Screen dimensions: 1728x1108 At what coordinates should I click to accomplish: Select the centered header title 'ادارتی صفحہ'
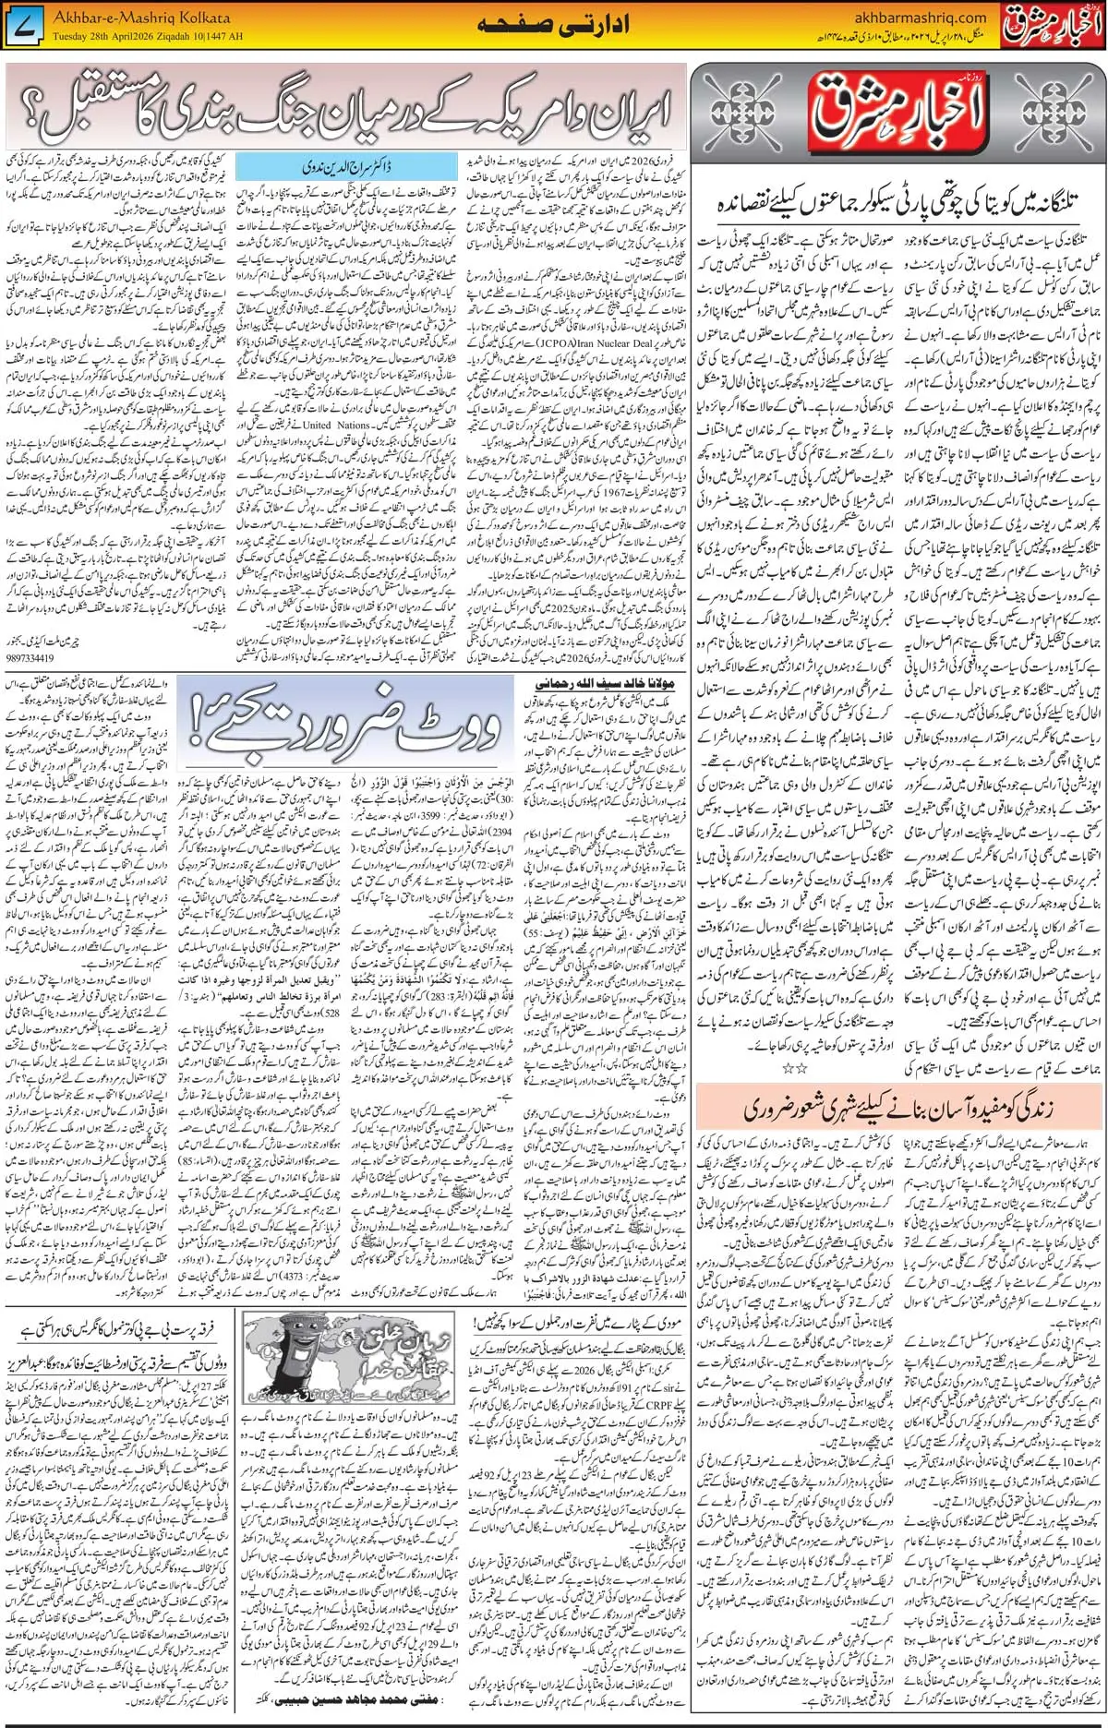[x=553, y=25]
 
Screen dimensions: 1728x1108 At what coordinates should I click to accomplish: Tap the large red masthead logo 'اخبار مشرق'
[x=897, y=113]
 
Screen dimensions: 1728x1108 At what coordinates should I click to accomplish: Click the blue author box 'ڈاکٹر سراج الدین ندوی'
[x=346, y=167]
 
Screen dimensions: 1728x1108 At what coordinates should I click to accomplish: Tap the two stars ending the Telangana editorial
[x=794, y=1067]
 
